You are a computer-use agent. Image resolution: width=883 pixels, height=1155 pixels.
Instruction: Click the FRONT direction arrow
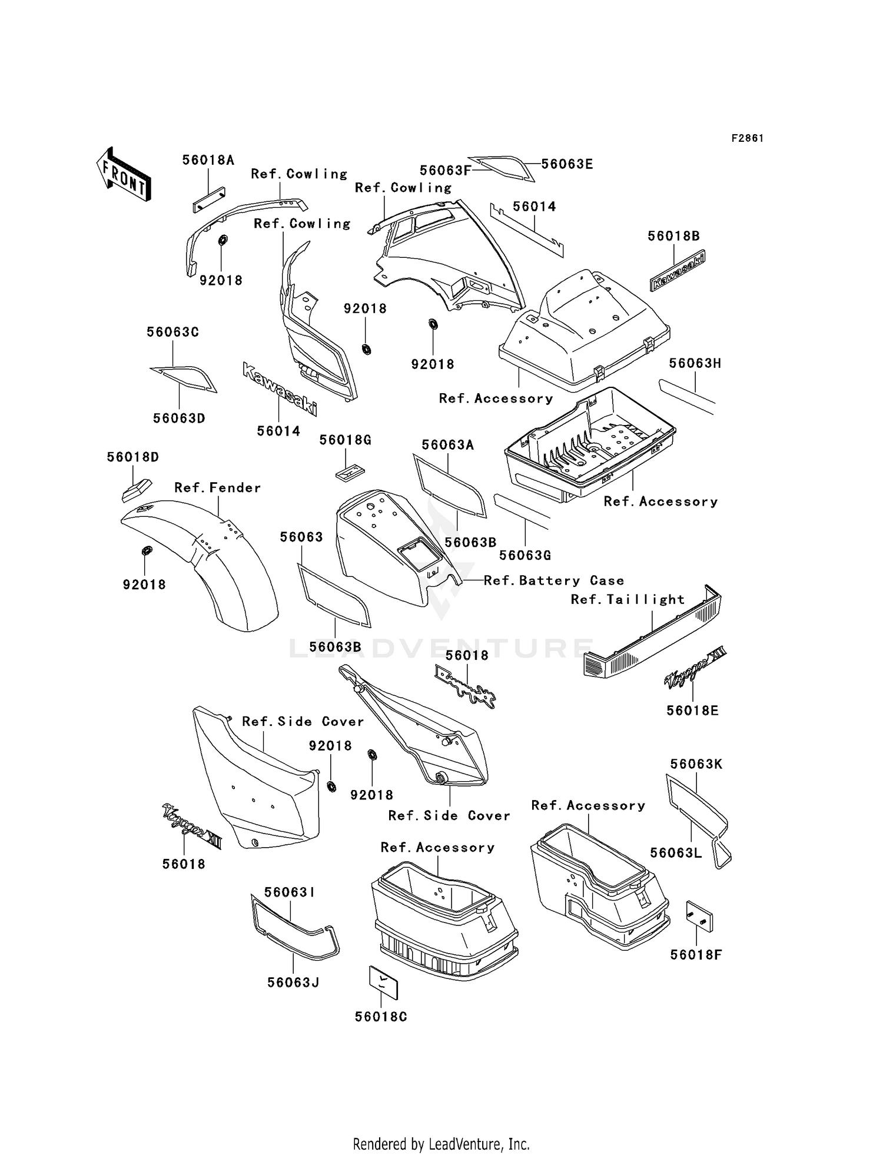(x=124, y=174)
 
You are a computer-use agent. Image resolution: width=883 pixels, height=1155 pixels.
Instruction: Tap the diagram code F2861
(x=748, y=138)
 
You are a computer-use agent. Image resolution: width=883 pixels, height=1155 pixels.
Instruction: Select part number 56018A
(x=208, y=160)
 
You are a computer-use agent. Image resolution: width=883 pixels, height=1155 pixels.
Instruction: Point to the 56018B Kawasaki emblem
(x=678, y=270)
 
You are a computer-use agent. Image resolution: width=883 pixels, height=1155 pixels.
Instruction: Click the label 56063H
(x=695, y=363)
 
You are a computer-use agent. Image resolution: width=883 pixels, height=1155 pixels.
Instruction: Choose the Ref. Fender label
(x=217, y=487)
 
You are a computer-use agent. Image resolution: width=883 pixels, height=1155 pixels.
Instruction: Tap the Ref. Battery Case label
(x=553, y=580)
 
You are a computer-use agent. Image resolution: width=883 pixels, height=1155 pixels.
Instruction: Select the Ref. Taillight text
(x=628, y=599)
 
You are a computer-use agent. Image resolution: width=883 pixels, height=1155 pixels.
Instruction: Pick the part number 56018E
(x=692, y=711)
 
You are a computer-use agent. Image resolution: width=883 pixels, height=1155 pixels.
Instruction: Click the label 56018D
(x=132, y=457)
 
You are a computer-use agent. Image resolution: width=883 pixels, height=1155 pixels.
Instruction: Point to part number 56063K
(x=696, y=764)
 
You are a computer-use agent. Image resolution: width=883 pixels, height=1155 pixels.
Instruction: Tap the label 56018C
(x=381, y=1017)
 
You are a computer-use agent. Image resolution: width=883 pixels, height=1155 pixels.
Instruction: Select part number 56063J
(x=293, y=983)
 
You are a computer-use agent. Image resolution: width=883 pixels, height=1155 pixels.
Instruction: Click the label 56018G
(x=346, y=440)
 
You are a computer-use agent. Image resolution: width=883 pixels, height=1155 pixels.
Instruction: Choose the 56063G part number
(x=525, y=555)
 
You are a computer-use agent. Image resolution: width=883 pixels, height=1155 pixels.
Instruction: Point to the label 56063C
(x=172, y=332)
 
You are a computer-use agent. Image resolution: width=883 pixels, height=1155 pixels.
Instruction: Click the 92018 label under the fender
(x=144, y=585)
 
